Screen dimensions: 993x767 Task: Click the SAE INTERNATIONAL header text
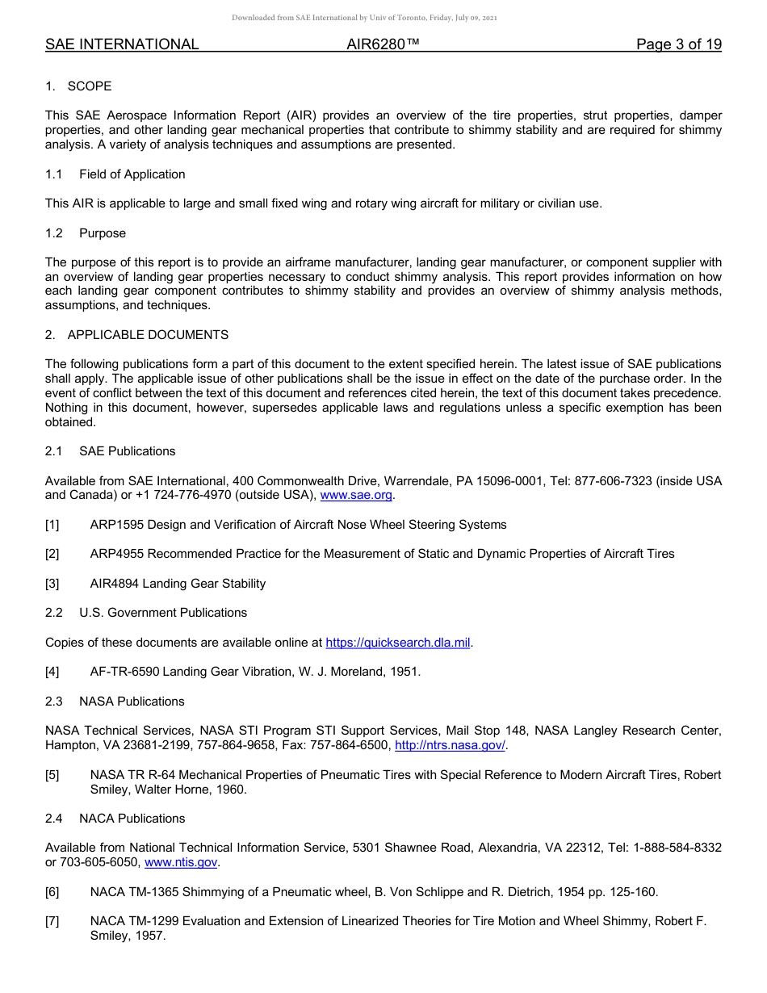pos(122,44)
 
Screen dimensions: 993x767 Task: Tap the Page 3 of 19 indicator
pos(678,44)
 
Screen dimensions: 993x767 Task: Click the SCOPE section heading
pos(89,86)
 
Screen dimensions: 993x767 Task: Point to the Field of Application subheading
pos(132,174)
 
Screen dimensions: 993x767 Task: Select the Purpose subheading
pos(103,233)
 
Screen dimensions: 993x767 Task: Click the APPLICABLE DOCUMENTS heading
pos(148,335)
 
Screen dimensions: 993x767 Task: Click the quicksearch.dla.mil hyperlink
pos(397,643)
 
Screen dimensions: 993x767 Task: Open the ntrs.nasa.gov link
pos(449,746)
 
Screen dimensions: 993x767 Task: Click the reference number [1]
pos(52,525)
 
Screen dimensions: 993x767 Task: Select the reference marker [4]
pos(52,672)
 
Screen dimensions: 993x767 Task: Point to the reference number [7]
pos(52,921)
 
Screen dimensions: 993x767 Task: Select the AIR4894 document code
pos(115,584)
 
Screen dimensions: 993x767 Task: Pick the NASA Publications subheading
pos(132,702)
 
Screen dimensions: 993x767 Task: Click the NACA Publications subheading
pos(132,819)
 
